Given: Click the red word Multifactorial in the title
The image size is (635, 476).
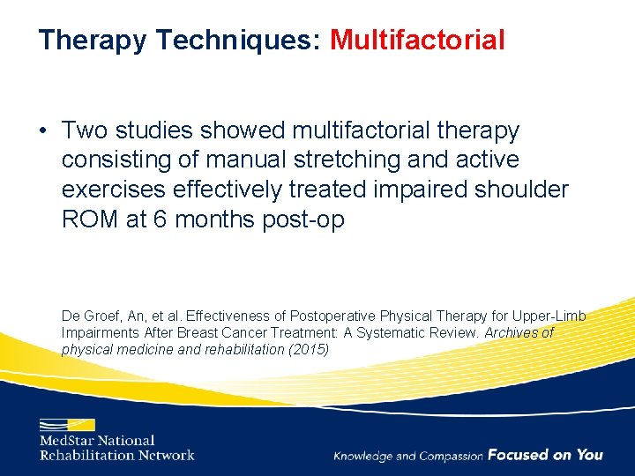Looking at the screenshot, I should [x=417, y=41].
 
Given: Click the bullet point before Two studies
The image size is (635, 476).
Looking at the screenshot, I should [x=43, y=131].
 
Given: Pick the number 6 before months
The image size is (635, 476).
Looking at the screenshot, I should [x=161, y=219].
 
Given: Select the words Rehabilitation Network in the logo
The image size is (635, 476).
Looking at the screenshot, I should [x=116, y=455].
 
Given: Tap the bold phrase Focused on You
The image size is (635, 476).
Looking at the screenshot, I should [x=545, y=455].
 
